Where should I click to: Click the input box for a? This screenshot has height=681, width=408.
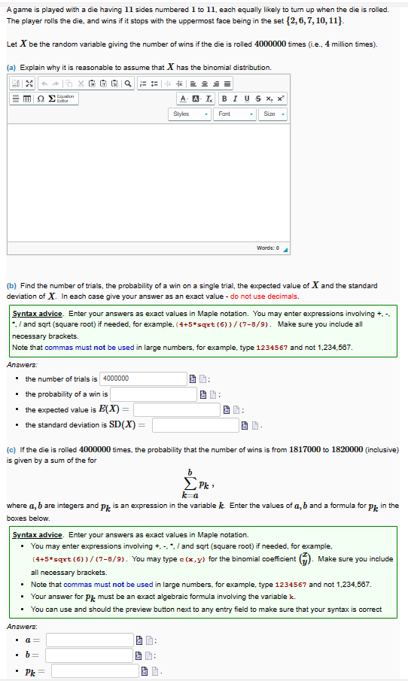pos(92,640)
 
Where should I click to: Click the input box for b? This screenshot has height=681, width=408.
pos(92,655)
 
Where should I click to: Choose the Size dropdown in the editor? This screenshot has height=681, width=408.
pos(271,114)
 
